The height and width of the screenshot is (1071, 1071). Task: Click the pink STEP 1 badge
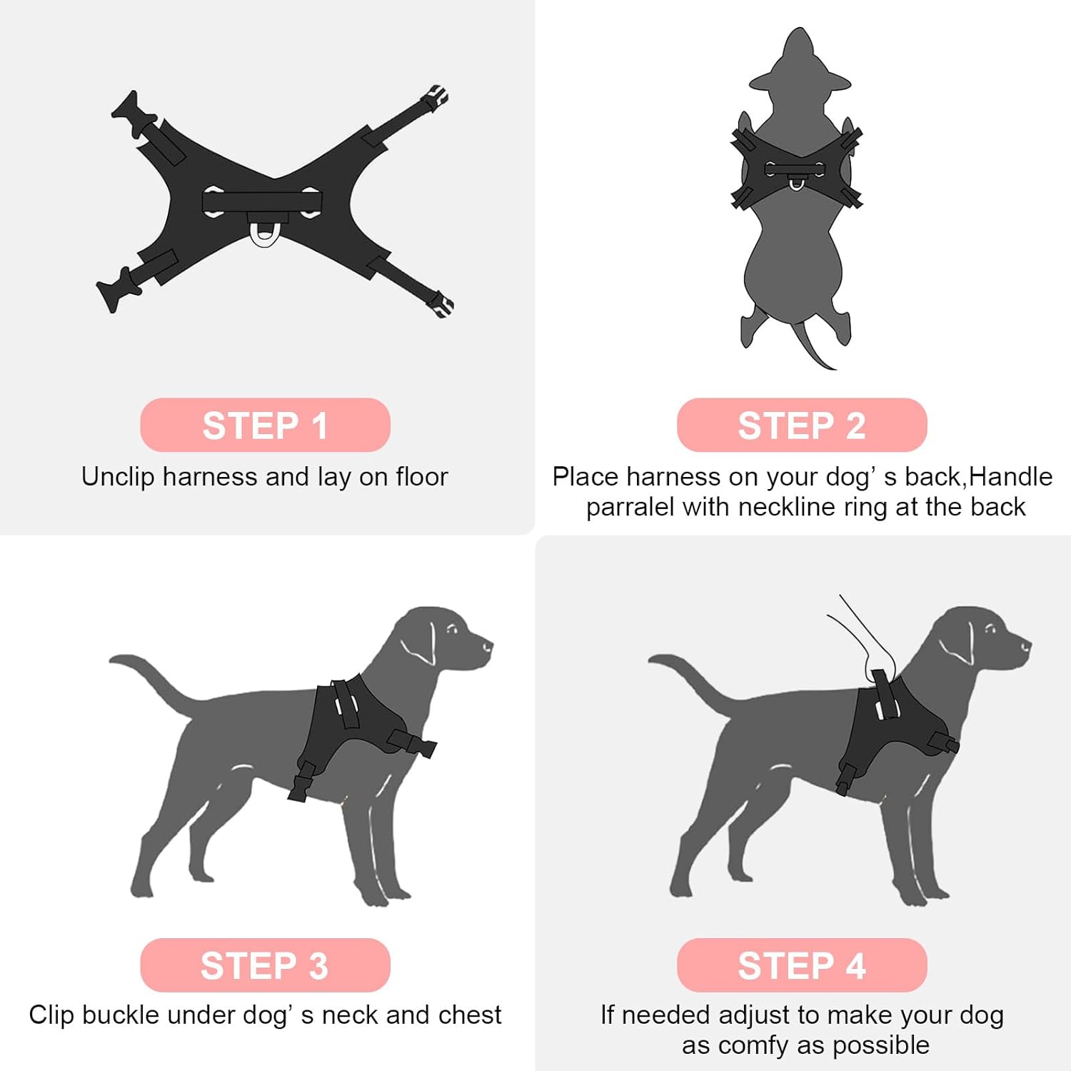click(x=265, y=425)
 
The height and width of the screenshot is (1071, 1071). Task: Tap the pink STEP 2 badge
click(x=802, y=425)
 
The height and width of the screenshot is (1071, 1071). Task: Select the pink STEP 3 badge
click(x=265, y=965)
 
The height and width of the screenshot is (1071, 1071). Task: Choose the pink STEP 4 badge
click(x=802, y=965)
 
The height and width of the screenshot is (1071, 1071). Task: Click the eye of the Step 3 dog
click(x=452, y=629)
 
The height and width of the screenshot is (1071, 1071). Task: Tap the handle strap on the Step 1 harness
click(x=262, y=202)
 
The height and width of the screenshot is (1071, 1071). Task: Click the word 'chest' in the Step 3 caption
click(x=467, y=1015)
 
